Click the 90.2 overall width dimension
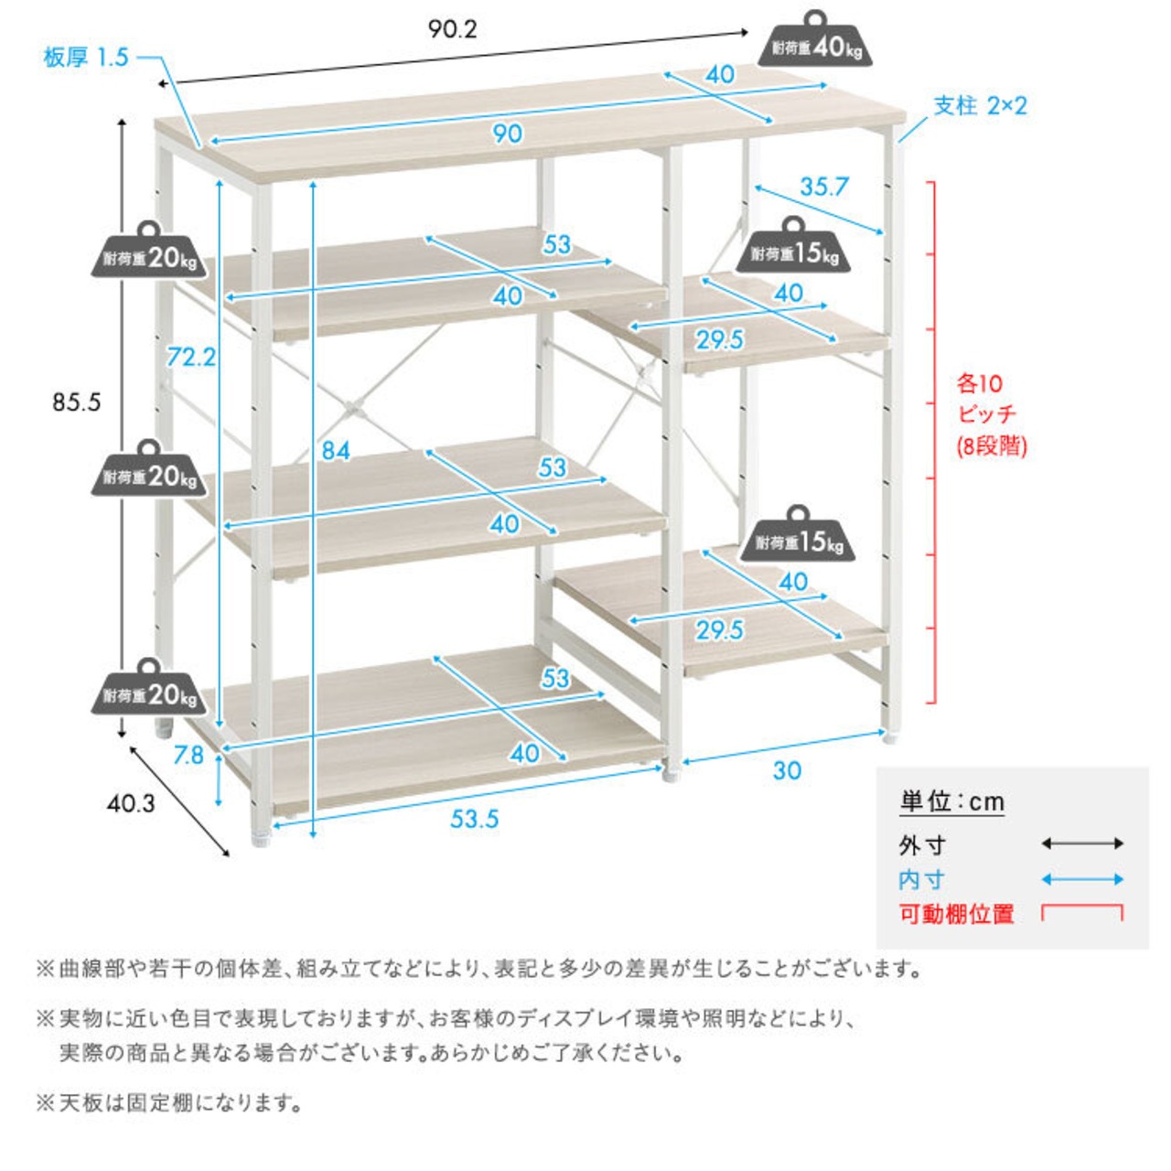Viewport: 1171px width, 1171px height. coord(453,30)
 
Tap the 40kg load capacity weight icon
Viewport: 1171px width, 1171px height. coord(814,39)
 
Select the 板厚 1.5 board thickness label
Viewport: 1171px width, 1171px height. coord(86,59)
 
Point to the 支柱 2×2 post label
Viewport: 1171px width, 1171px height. coord(980,106)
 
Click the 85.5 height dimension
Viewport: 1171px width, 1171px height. coord(76,403)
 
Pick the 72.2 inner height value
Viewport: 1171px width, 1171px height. coord(191,358)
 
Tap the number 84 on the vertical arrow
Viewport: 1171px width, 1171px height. coord(336,450)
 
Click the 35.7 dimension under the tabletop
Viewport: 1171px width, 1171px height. coord(823,188)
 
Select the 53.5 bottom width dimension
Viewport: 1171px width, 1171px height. coord(474,819)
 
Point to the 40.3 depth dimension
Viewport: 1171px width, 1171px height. coord(131,804)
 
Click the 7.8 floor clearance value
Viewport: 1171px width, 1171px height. coord(188,756)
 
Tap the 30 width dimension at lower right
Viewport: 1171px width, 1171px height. coord(787,770)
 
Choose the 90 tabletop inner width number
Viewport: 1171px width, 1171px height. coord(507,134)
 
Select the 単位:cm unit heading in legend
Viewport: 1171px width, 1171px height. coord(951,802)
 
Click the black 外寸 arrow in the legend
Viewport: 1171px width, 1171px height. coord(1082,843)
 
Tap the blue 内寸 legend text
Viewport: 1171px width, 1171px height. coord(922,879)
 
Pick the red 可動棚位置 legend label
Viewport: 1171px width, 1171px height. coord(957,914)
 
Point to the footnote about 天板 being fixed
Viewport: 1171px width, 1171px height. coord(169,1103)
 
